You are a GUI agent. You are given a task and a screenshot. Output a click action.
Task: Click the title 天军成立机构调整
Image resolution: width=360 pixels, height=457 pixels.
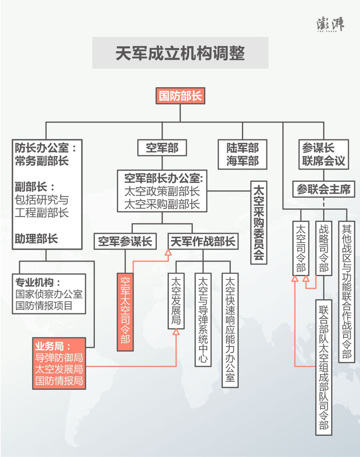pos(180,53)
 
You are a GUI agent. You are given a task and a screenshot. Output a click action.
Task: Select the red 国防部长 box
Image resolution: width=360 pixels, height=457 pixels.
pos(179,96)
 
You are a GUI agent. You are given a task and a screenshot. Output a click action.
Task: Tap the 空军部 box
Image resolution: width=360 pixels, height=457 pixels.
pos(162,148)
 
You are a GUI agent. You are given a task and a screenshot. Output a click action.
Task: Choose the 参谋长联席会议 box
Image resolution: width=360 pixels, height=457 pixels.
pos(323,154)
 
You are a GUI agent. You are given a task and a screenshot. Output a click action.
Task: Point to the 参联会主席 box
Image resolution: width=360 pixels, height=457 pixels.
pos(323,189)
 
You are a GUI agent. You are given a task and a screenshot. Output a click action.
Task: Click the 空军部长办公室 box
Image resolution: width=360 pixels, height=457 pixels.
pos(162,191)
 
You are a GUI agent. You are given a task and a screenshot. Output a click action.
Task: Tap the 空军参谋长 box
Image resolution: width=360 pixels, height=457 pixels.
pos(125,241)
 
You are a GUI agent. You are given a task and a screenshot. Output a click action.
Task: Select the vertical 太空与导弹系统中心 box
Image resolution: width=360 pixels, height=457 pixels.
pos(203,319)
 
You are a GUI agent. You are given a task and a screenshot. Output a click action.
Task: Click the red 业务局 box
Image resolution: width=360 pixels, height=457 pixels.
pos(58,363)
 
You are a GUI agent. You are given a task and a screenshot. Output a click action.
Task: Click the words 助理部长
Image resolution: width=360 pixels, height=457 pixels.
pos(36,239)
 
